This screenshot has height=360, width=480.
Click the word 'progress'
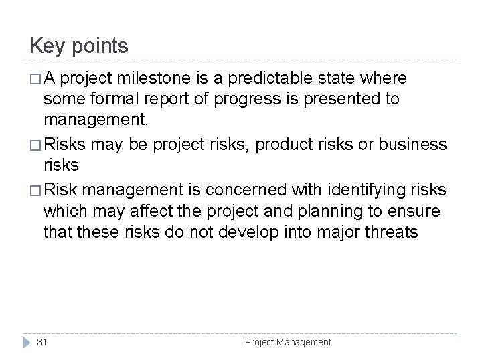pos(240,100)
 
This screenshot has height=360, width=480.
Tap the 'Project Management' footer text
pos(288,342)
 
